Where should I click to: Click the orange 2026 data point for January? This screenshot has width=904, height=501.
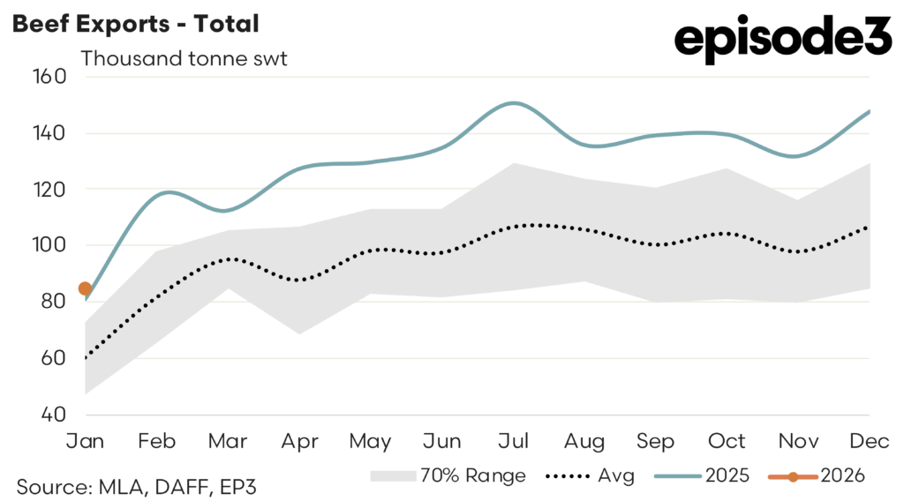click(x=85, y=288)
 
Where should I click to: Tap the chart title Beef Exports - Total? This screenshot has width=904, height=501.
click(x=134, y=24)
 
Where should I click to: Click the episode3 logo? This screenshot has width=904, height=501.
click(x=782, y=40)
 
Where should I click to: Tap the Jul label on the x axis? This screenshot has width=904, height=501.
click(x=514, y=441)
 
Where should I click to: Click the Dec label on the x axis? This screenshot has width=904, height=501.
click(x=870, y=441)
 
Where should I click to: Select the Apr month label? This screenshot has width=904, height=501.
click(x=299, y=441)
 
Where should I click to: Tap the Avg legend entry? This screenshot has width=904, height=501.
click(x=591, y=476)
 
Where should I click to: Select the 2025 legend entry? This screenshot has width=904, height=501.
click(x=706, y=476)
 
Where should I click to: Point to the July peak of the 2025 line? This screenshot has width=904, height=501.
click(x=513, y=103)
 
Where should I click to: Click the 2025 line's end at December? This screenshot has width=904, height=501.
click(x=870, y=111)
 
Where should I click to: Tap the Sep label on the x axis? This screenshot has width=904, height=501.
click(x=656, y=441)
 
